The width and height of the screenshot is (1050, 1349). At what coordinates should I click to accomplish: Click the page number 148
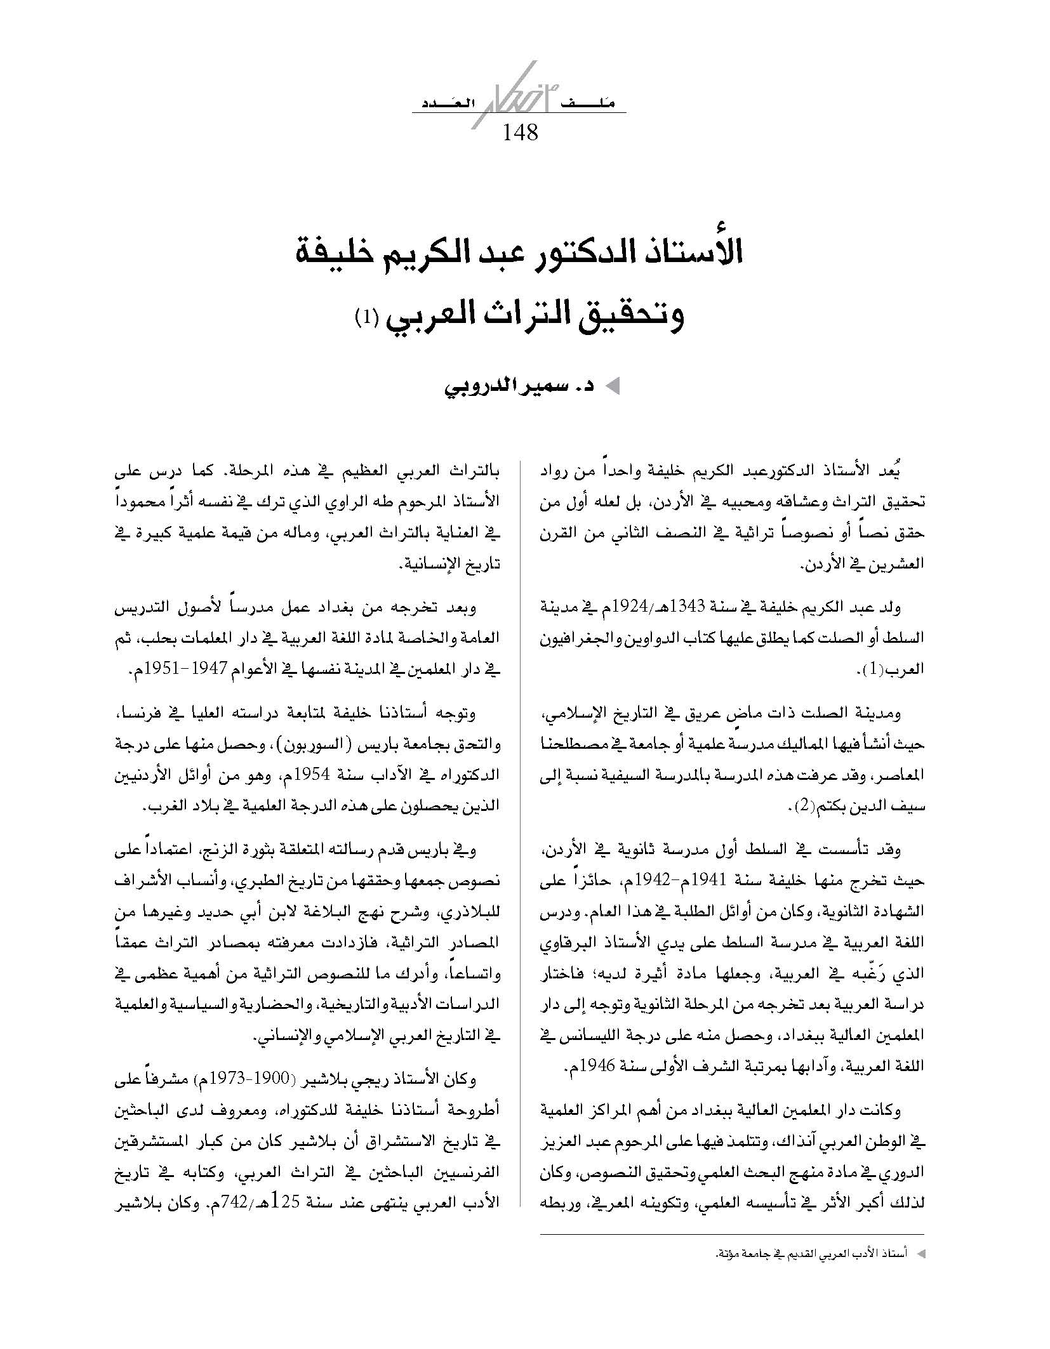tap(520, 133)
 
